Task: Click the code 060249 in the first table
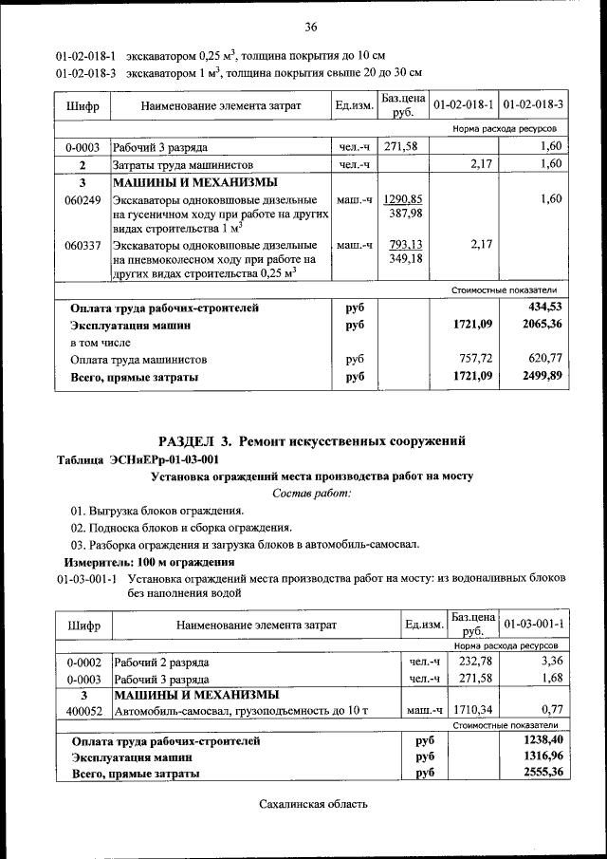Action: [83, 199]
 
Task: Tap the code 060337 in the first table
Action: [83, 244]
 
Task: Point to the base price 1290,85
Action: [405, 199]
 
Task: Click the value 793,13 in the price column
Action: [405, 244]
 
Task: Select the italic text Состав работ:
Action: [311, 493]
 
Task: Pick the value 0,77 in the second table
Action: [551, 711]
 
